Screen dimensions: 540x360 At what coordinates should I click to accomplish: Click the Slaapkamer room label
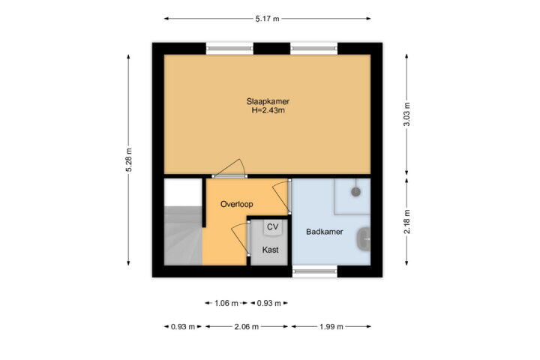point(268,101)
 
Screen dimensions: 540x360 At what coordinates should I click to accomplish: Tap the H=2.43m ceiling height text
point(268,110)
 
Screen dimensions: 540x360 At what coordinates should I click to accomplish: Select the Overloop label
point(236,204)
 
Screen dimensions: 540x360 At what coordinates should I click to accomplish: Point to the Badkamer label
point(325,232)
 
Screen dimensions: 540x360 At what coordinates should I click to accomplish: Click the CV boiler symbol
point(273,227)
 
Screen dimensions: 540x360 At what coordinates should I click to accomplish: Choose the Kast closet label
point(270,250)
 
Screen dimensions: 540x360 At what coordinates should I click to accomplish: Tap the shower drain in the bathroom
point(355,192)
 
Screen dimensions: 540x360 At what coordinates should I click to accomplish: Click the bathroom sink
point(364,238)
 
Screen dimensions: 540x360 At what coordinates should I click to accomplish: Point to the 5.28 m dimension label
point(128,160)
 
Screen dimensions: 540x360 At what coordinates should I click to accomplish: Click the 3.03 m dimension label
point(406,114)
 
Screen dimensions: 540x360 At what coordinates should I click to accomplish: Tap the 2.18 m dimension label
point(406,222)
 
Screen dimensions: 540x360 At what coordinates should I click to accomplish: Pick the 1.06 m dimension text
point(226,304)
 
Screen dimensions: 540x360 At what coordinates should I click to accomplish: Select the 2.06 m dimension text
point(247,326)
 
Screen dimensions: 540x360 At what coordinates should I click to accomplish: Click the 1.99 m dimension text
point(331,326)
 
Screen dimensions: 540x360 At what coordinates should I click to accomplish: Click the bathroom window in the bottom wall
point(315,271)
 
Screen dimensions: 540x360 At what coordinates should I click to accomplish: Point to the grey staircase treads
point(183,236)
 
